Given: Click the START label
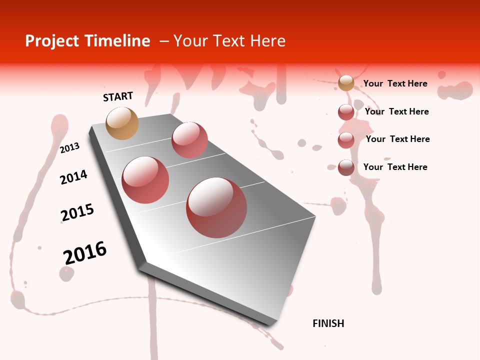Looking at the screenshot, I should [118, 96].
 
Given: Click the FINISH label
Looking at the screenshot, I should [328, 323].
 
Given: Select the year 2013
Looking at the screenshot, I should [70, 147].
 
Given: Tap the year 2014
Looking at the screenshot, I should [73, 177].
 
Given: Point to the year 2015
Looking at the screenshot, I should [77, 212].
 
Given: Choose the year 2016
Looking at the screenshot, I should [85, 253].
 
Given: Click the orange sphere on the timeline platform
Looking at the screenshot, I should [122, 123].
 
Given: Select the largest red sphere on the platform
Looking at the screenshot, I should [216, 207].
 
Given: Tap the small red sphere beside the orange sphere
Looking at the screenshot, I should [189, 139].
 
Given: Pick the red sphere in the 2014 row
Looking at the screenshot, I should [145, 180].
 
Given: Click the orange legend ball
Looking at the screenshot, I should [346, 83].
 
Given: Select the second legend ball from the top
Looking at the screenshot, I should [346, 112].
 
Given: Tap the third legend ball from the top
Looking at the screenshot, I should [346, 140].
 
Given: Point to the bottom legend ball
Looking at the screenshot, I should [346, 167].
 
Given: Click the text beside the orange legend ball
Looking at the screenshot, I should [395, 83].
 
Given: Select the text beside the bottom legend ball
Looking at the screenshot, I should [395, 167].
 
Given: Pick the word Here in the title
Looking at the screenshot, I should [267, 41].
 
